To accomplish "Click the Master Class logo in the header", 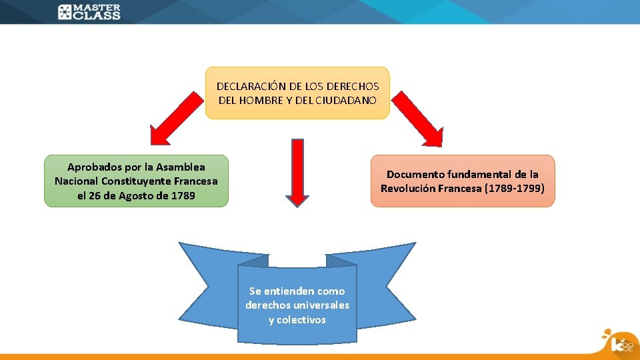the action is click(x=89, y=12).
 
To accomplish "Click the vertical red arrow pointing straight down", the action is click(x=297, y=171).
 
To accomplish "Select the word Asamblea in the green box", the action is click(x=183, y=167).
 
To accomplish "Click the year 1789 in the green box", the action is click(x=183, y=195).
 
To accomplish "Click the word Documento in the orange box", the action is click(x=415, y=174).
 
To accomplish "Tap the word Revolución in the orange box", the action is click(x=407, y=188).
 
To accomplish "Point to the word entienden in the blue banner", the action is click(x=290, y=291).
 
